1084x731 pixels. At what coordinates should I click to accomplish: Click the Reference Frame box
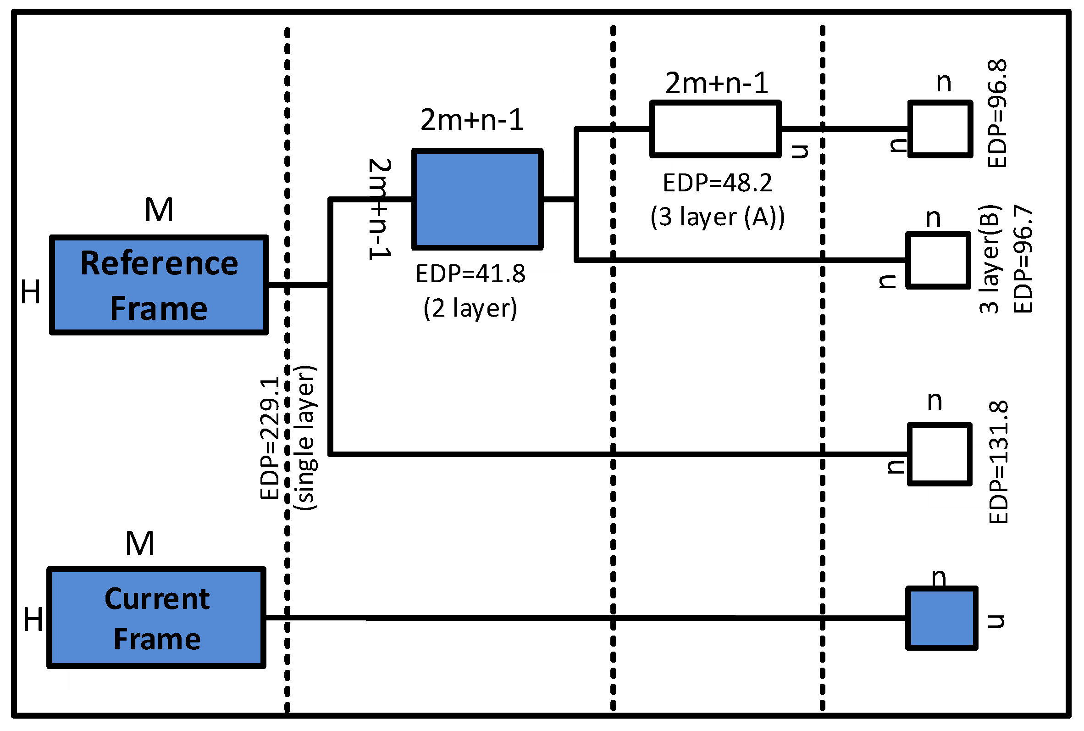pos(158,285)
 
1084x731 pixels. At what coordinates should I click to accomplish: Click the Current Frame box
pos(156,618)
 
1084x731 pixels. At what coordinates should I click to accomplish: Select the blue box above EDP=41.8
pos(477,199)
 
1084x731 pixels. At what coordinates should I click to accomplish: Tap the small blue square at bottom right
pos(941,618)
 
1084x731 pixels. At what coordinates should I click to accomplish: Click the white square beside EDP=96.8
pos(940,129)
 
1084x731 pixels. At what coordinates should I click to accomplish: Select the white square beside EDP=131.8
pos(939,454)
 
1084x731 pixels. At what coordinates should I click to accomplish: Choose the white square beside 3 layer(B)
pos(938,260)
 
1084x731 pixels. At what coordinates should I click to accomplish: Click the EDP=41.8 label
pos(470,273)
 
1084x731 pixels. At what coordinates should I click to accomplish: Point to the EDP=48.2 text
pos(717,183)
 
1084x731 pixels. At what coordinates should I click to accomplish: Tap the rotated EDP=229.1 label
pos(270,438)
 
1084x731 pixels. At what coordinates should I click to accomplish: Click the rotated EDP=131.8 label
pos(998,462)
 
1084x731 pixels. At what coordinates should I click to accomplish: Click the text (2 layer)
pos(470,308)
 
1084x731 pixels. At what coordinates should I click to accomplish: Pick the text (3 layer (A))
pos(717,217)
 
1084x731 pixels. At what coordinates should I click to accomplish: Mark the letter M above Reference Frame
pos(159,209)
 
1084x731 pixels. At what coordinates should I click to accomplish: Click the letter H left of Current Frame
pos(33,619)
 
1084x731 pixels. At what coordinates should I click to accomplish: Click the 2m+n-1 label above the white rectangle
pos(716,84)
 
